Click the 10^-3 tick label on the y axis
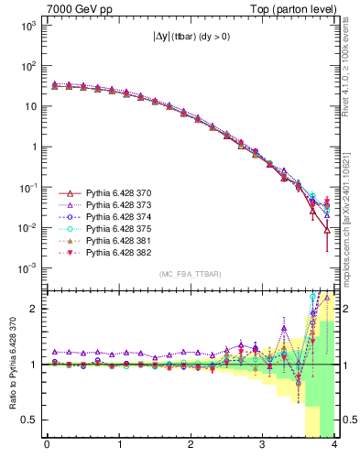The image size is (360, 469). [x=26, y=267]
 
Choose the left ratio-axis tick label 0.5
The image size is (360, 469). [x=31, y=420]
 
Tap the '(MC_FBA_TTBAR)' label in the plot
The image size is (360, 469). [x=190, y=275]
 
